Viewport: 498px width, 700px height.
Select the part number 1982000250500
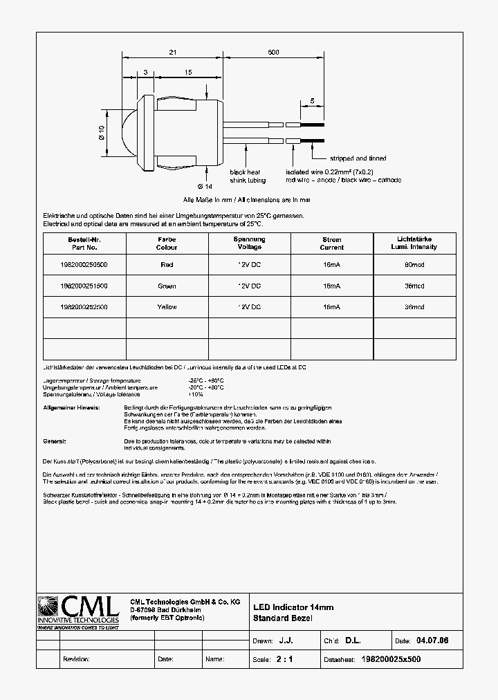click(x=84, y=265)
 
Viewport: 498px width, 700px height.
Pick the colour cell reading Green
click(x=167, y=286)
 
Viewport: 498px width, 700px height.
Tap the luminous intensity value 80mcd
click(x=414, y=265)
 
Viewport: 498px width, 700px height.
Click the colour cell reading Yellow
click(x=167, y=306)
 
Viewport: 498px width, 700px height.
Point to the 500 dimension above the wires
click(x=273, y=53)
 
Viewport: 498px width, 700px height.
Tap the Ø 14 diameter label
click(x=204, y=186)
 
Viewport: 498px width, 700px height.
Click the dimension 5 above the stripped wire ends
click(x=312, y=101)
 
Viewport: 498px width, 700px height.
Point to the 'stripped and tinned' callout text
click(x=358, y=158)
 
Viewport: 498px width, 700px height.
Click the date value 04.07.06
click(x=433, y=641)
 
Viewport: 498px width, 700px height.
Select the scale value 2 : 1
click(x=284, y=659)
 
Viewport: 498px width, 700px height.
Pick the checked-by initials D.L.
click(x=353, y=641)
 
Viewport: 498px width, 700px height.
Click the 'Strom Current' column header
click(x=332, y=243)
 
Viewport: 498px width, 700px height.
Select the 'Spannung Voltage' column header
click(x=249, y=243)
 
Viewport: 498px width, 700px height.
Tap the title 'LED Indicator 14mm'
click(x=293, y=607)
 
